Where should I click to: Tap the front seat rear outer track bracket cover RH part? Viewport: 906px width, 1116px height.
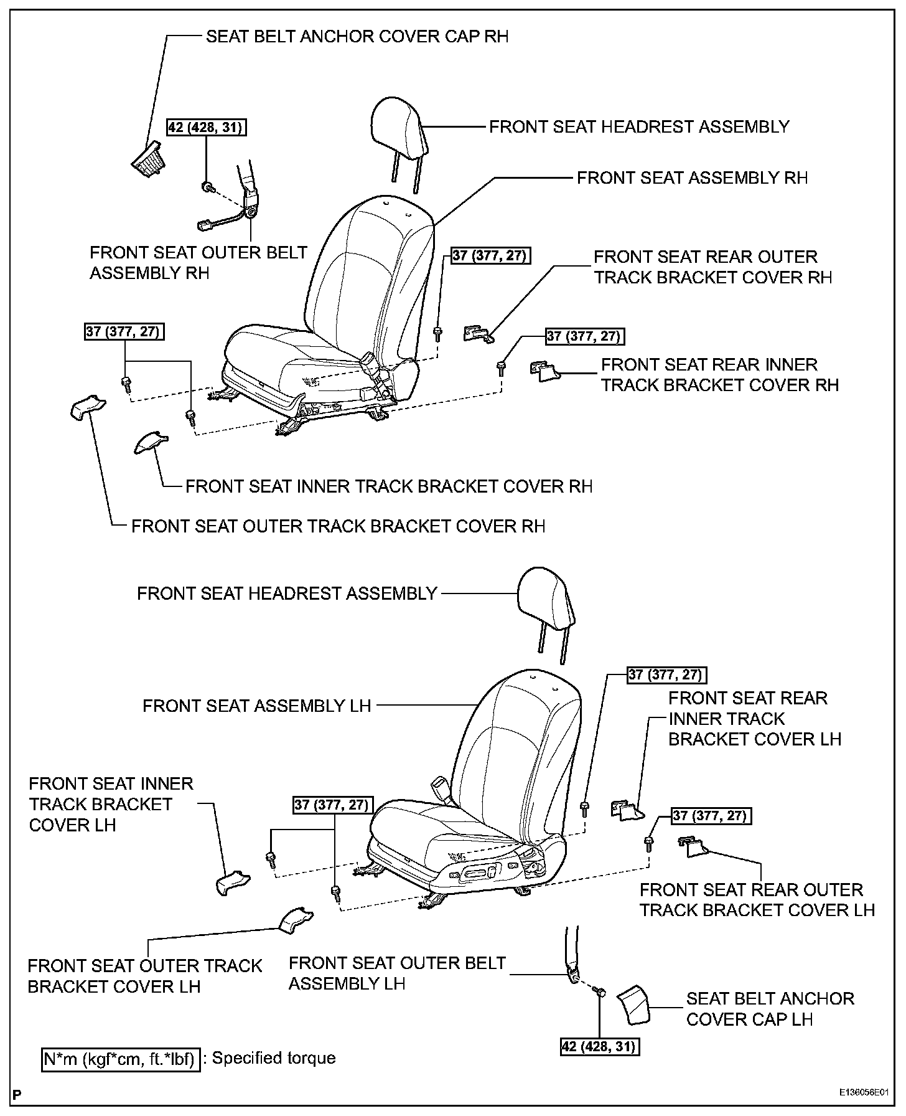pos(478,334)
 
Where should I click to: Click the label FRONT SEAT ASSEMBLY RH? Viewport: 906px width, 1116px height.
pos(692,178)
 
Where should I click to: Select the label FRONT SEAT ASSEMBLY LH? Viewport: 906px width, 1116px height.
pos(257,706)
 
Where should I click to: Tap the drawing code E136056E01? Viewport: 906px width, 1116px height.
pos(863,1092)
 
